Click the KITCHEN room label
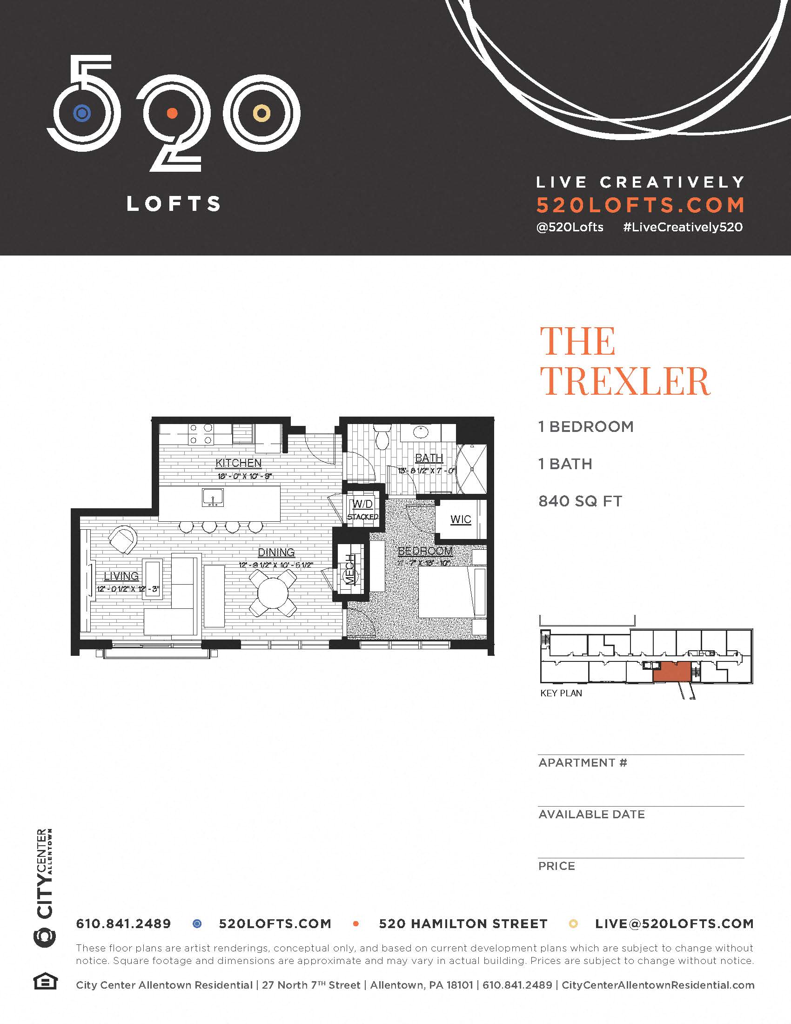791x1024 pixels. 238,463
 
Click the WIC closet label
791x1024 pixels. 460,519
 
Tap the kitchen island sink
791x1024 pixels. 213,497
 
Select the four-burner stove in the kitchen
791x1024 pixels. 201,434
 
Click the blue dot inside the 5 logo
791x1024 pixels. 82,113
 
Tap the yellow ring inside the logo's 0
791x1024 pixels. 261,113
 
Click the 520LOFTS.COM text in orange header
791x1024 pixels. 640,205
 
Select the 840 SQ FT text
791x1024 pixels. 580,501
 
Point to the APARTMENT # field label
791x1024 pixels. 583,763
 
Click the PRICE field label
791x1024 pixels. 556,866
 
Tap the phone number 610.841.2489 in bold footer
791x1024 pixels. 123,924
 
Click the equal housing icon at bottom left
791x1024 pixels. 45,982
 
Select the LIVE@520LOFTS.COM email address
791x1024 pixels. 674,924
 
